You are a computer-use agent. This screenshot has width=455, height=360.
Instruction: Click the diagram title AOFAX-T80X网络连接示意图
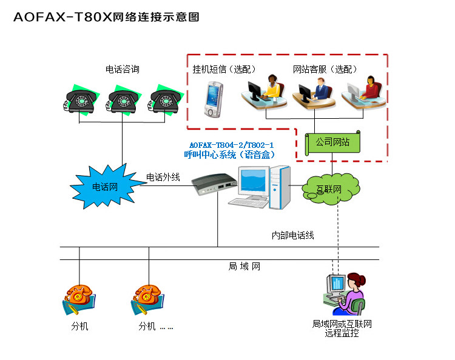tap(107, 17)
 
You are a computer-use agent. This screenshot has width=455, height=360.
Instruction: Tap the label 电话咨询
tap(122, 70)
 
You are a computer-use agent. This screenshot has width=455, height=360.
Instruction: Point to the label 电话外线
tap(163, 177)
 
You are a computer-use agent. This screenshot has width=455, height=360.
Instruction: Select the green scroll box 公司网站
tap(332, 142)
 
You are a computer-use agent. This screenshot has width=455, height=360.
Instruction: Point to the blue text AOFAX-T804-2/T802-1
tap(232, 145)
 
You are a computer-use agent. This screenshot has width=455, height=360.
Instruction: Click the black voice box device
tap(213, 184)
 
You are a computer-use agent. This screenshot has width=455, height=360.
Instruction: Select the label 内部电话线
tap(292, 235)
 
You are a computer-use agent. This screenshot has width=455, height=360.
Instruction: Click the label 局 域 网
tap(244, 266)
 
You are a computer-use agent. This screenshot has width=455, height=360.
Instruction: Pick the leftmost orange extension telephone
tap(79, 298)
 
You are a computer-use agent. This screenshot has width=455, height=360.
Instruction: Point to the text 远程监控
tap(342, 333)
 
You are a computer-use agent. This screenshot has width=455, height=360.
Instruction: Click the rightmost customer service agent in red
tap(366, 92)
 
